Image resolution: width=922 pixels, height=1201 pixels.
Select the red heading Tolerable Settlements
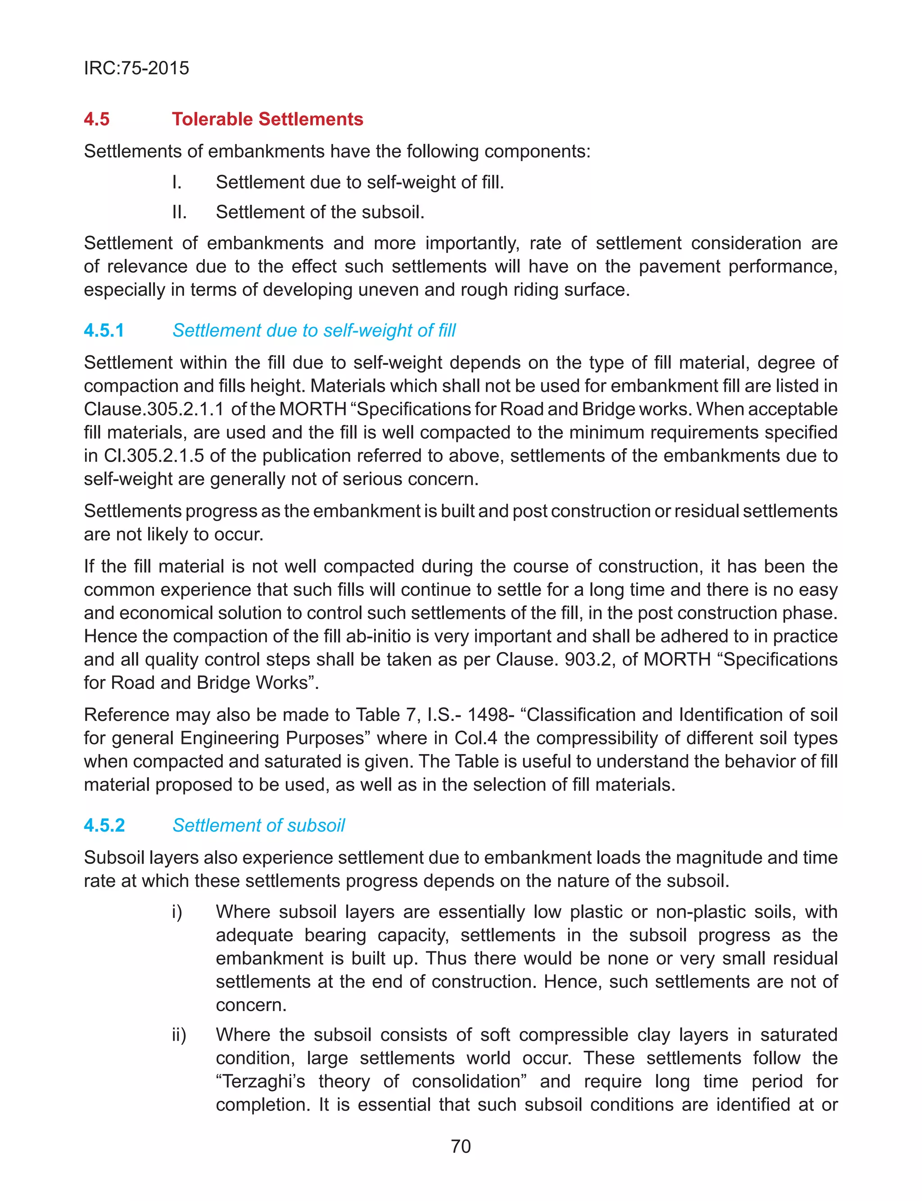click(x=267, y=119)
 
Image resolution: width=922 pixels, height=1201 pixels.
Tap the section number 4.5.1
click(x=104, y=330)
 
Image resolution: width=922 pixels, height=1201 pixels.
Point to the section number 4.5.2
click(x=104, y=825)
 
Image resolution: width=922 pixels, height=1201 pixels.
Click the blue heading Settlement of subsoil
click(x=258, y=825)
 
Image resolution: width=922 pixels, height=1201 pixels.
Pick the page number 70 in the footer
click(x=461, y=1146)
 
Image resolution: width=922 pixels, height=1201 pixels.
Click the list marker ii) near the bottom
click(x=179, y=1035)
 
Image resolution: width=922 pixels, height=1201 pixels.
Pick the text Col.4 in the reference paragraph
click(x=476, y=738)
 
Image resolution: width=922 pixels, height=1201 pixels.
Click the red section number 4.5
click(x=97, y=119)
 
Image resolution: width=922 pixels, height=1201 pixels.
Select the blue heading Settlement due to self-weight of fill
click(x=314, y=330)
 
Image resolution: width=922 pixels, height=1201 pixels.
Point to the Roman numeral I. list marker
click(x=177, y=182)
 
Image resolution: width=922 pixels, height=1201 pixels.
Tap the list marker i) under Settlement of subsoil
click(x=177, y=912)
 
